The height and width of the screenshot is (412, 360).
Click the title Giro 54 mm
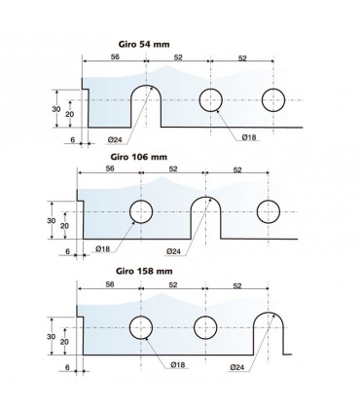144,44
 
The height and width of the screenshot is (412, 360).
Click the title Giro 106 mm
139,157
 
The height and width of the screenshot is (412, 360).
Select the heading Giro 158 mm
144,271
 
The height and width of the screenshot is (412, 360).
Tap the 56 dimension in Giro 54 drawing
115,56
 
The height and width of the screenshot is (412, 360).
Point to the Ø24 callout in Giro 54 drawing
115,140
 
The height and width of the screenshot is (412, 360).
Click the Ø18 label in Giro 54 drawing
249,137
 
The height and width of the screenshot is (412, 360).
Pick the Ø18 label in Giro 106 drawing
103,249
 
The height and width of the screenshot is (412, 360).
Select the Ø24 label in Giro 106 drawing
173,251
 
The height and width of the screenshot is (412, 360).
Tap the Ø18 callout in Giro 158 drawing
178,365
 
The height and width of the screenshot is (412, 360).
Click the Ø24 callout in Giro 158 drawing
237,367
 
